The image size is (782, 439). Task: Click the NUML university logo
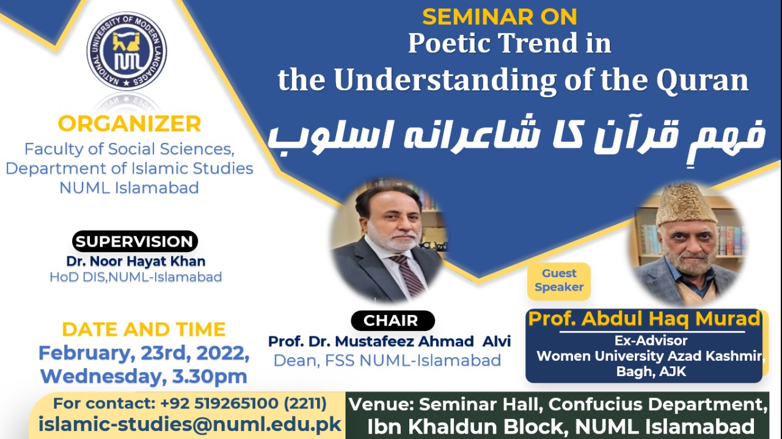pyautogui.click(x=126, y=51)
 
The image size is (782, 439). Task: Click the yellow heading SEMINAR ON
pyautogui.click(x=500, y=16)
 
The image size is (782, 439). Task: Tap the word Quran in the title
pyautogui.click(x=703, y=81)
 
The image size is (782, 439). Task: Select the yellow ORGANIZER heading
pyautogui.click(x=129, y=124)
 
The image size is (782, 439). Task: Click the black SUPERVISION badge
pyautogui.click(x=135, y=242)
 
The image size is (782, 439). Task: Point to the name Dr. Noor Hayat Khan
pyautogui.click(x=136, y=261)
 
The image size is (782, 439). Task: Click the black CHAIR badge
pyautogui.click(x=392, y=321)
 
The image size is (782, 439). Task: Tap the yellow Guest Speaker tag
pyautogui.click(x=559, y=281)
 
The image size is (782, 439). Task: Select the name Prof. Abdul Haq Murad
pyautogui.click(x=644, y=319)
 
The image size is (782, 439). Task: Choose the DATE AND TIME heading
pyautogui.click(x=144, y=330)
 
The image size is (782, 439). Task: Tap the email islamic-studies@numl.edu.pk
pyautogui.click(x=189, y=425)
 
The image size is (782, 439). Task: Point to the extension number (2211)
pyautogui.click(x=305, y=404)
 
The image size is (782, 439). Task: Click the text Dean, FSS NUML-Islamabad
pyautogui.click(x=387, y=360)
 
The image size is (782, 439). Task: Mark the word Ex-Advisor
pyautogui.click(x=651, y=341)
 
